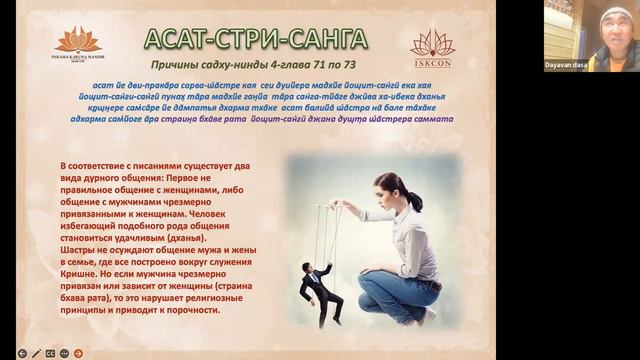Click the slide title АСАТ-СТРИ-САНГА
point(255,39)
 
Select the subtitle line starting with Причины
point(256,65)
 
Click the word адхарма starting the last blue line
point(94,118)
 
